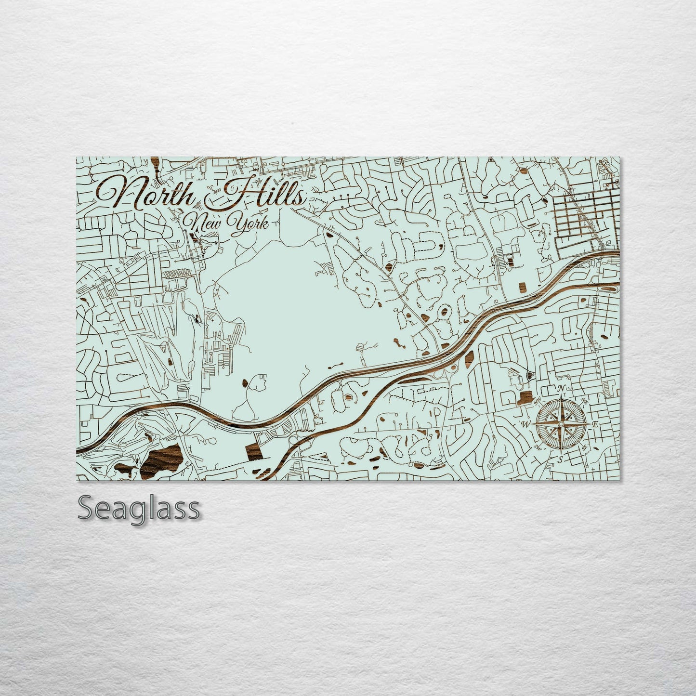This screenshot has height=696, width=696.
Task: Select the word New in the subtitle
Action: click(x=202, y=223)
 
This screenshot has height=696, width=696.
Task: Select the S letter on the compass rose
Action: click(x=560, y=459)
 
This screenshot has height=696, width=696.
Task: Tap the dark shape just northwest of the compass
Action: click(x=525, y=398)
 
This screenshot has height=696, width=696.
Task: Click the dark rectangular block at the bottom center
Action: click(x=254, y=450)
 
